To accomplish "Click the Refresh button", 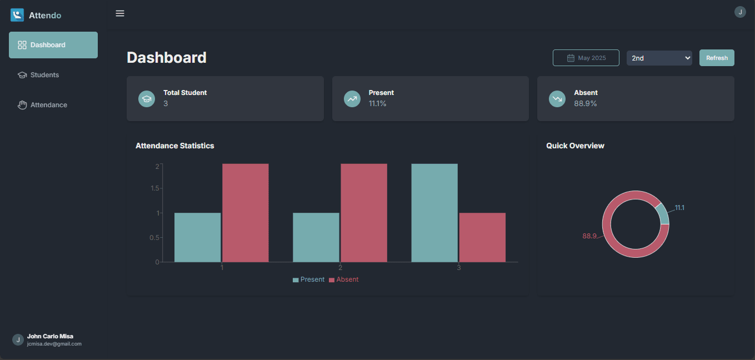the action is (717, 58).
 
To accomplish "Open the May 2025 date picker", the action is (586, 58).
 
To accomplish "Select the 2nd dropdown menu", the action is (659, 58).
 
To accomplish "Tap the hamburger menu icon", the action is (120, 13).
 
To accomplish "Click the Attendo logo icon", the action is (17, 15).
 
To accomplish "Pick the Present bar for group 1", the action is (198, 237).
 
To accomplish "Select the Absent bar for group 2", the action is (364, 213).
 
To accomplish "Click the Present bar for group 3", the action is (434, 213).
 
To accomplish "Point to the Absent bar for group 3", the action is (482, 237).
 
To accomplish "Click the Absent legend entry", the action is (344, 279).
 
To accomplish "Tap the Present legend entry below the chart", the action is (308, 279).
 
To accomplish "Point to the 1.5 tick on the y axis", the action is (154, 188).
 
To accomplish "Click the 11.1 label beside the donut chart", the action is (679, 208).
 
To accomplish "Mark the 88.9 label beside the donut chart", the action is (589, 236).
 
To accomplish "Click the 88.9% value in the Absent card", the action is (586, 103).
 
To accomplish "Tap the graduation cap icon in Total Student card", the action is (147, 99).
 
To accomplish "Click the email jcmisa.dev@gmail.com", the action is (54, 344).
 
